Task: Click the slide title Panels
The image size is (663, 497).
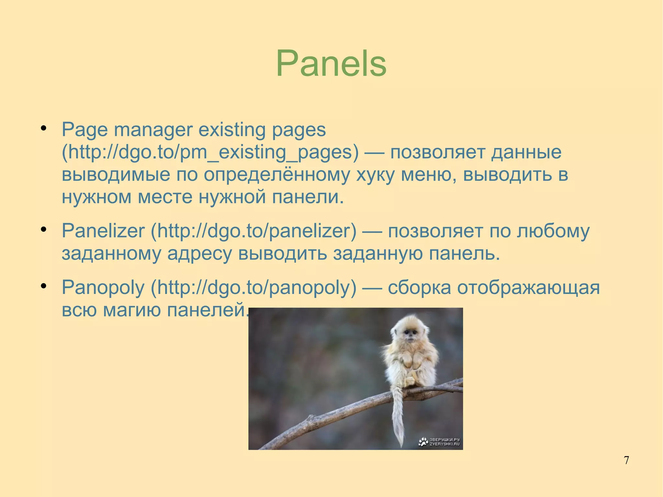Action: (331, 63)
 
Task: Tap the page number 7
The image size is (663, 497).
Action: (626, 460)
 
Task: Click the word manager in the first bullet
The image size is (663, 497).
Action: (153, 130)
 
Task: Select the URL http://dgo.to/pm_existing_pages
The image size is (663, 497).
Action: (210, 152)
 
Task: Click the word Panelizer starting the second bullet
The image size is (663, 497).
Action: (103, 231)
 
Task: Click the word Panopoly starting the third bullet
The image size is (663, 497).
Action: (103, 288)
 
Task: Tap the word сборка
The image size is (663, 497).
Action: (419, 288)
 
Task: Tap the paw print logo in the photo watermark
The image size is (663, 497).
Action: (423, 442)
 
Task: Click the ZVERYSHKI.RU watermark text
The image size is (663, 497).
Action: (444, 444)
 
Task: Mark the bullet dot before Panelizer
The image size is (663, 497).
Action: (44, 230)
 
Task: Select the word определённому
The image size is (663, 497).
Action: (277, 175)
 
